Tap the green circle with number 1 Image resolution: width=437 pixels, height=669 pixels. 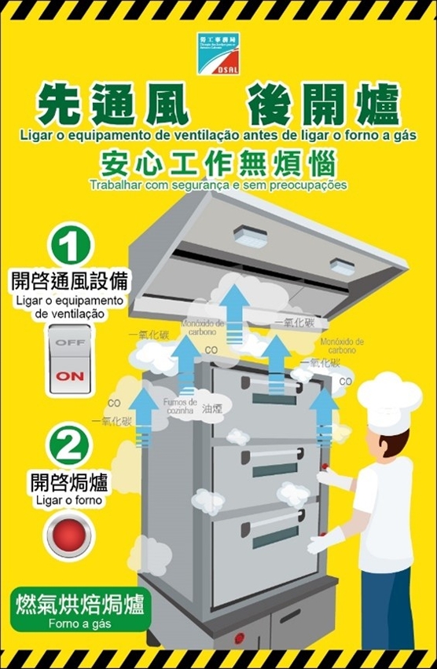[x=70, y=246]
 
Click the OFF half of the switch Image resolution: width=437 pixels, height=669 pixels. [x=70, y=344]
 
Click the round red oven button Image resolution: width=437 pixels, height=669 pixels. [x=70, y=536]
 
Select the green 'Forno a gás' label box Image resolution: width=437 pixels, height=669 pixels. [x=80, y=611]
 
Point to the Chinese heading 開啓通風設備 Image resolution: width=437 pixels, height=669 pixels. [x=70, y=280]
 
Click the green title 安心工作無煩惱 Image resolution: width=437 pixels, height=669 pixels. [x=218, y=165]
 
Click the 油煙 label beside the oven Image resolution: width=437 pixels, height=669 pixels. [x=213, y=409]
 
